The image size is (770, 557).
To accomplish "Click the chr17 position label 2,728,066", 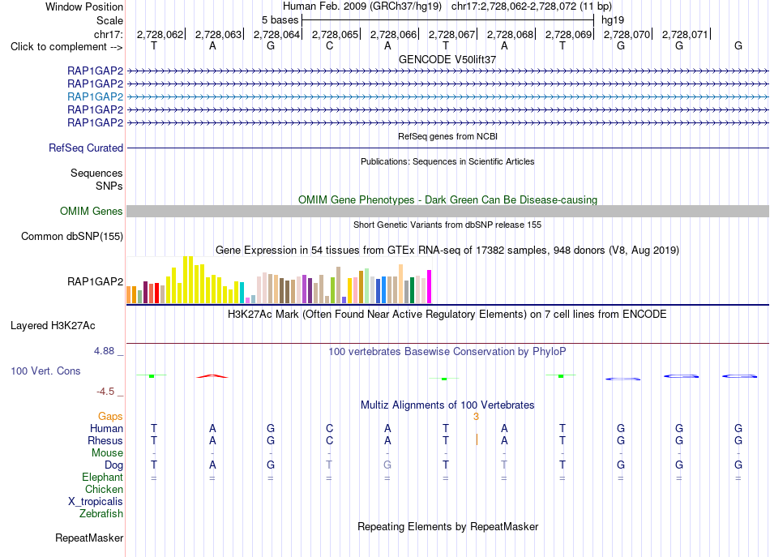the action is click(x=393, y=34).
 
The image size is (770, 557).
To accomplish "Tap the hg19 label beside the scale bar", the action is click(x=613, y=20).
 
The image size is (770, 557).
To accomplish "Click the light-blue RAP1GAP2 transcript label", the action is click(x=96, y=96).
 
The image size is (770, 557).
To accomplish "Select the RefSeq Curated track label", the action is click(x=86, y=148).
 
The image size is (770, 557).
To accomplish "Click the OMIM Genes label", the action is click(x=92, y=212).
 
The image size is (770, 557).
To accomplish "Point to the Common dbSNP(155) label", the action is click(x=72, y=236).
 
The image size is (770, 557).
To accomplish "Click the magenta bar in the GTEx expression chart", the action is click(x=430, y=287).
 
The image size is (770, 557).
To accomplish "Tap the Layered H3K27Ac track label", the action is click(x=53, y=326).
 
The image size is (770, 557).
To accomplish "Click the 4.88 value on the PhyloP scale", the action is click(x=104, y=351).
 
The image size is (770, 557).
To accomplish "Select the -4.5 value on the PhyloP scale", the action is click(x=105, y=392).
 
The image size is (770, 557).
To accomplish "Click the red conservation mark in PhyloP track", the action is click(x=212, y=376).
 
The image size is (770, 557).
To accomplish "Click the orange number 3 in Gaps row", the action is click(x=476, y=417).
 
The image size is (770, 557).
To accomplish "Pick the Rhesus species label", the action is click(x=105, y=440).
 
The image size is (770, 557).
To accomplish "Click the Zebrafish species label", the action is click(x=101, y=513).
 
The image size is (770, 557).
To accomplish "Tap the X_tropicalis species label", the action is click(x=96, y=502).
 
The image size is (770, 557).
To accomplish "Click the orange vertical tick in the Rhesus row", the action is click(x=477, y=439).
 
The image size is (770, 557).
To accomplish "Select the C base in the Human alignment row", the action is click(x=329, y=428).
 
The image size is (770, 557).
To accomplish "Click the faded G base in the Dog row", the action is click(x=387, y=465).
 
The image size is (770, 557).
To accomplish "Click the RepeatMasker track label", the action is click(x=89, y=538).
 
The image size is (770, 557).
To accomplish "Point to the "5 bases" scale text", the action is click(x=280, y=20).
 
